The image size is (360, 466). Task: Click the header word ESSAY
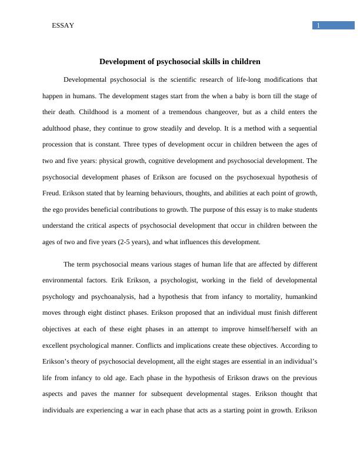click(63, 25)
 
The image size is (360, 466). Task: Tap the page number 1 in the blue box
click(318, 25)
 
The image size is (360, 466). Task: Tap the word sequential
click(301, 128)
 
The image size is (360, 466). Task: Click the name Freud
click(52, 193)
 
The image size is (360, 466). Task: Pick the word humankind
click(299, 297)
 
